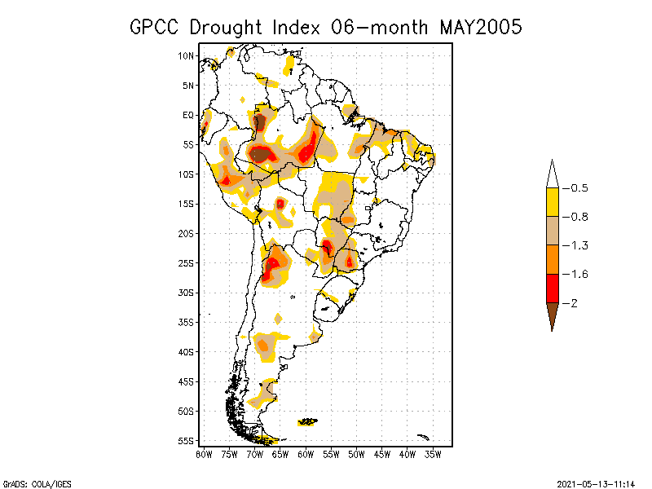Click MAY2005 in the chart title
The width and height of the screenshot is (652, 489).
481,27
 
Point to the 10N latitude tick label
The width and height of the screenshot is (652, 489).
187,55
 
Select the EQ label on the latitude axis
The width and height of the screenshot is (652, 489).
188,115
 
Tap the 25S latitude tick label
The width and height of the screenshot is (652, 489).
187,263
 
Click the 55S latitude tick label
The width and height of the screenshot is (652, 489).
187,441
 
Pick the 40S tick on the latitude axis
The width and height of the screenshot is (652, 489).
187,352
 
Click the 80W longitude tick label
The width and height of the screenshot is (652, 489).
204,454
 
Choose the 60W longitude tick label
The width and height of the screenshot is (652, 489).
306,454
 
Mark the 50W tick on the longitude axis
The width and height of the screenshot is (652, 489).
356,454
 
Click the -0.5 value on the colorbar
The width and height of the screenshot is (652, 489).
578,188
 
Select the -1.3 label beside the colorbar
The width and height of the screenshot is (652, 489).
578,245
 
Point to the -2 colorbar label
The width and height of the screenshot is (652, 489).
573,302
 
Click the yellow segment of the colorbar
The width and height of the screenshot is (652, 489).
552,202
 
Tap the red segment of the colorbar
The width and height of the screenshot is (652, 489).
552,288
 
